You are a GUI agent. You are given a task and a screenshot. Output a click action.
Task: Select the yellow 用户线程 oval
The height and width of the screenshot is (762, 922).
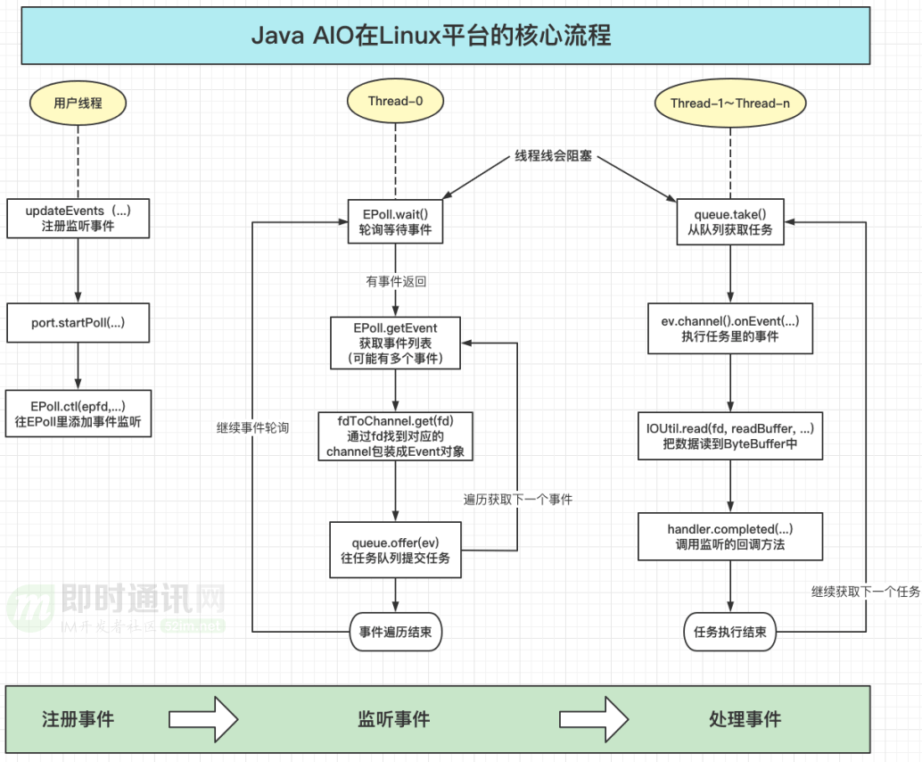pos(78,103)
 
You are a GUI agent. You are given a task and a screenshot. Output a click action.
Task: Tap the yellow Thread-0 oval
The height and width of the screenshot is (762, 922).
pos(395,102)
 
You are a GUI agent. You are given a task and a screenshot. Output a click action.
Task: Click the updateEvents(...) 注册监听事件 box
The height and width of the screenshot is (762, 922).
pos(78,218)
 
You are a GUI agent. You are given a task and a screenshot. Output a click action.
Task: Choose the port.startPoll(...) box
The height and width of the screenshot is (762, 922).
pos(78,323)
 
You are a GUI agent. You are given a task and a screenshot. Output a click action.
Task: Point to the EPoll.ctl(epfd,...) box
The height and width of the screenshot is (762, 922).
pos(78,413)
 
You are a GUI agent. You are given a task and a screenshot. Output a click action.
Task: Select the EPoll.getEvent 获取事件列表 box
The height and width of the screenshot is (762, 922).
pos(395,343)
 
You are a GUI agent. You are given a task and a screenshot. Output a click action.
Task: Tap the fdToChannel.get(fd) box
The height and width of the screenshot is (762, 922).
pos(395,435)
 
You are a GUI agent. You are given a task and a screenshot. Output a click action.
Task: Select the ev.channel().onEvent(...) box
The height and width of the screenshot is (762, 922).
pos(730,328)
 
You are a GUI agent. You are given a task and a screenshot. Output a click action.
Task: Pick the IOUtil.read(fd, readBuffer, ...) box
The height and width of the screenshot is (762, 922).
pos(730,435)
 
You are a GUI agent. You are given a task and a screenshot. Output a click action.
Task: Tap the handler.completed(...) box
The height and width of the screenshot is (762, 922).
pos(730,537)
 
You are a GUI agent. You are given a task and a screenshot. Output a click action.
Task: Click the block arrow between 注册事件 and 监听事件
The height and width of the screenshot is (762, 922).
pos(203,718)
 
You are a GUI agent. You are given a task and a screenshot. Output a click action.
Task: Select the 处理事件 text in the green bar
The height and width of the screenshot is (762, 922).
pos(745,719)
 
